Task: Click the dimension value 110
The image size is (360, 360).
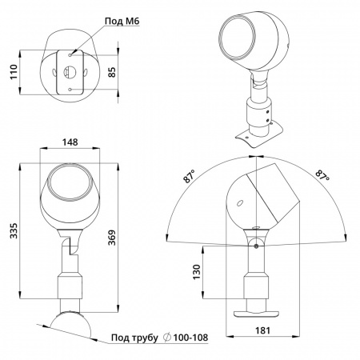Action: coord(14,71)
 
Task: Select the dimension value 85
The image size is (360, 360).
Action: coord(112,72)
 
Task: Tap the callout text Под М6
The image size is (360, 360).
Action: coord(122,21)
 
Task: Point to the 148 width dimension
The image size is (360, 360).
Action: coord(70,142)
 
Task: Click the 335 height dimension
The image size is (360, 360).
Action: coord(14,231)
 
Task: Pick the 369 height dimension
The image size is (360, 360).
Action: coord(112,238)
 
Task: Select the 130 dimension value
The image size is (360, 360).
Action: coord(197,272)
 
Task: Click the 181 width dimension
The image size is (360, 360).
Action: coord(263,330)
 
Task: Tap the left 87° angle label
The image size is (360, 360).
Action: coord(189,177)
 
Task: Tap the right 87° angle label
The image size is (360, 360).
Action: coord(322,174)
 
